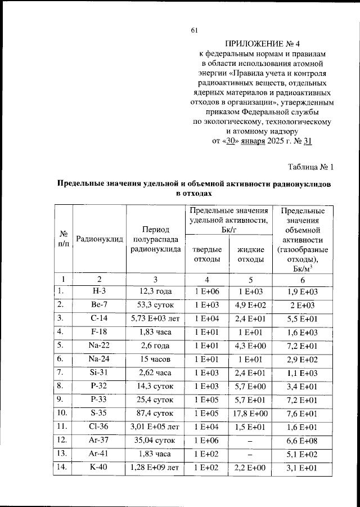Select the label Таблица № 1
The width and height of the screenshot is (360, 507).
(x=311, y=167)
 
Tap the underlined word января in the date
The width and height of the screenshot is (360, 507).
(x=248, y=141)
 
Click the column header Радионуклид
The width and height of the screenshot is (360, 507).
(x=100, y=239)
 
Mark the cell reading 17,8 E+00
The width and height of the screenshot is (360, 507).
(x=251, y=412)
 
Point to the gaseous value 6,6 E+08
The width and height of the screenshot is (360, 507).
(x=303, y=439)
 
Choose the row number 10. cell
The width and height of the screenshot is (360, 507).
(x=64, y=412)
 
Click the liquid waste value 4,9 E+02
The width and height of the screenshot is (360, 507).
(x=251, y=305)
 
